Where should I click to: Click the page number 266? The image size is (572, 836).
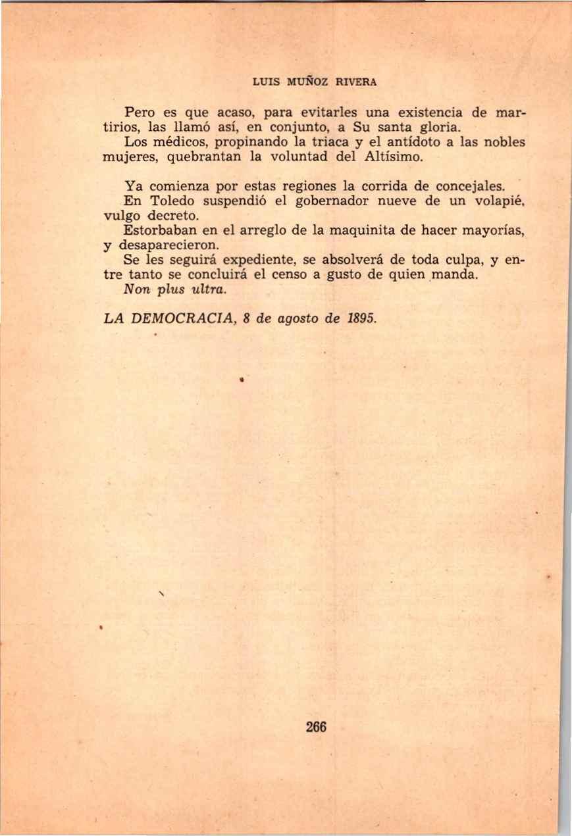(x=317, y=727)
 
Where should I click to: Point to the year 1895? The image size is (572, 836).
(x=360, y=319)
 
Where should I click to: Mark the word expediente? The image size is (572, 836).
(x=260, y=260)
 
